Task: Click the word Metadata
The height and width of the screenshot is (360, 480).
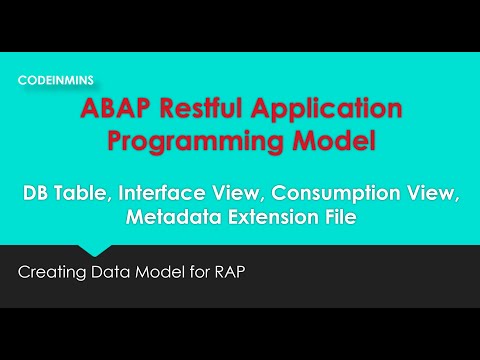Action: [x=174, y=219]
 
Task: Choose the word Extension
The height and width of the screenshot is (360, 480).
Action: [x=273, y=219]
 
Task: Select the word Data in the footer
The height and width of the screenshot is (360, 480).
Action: [x=113, y=271]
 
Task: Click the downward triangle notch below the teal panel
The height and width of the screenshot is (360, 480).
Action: [x=96, y=250]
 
